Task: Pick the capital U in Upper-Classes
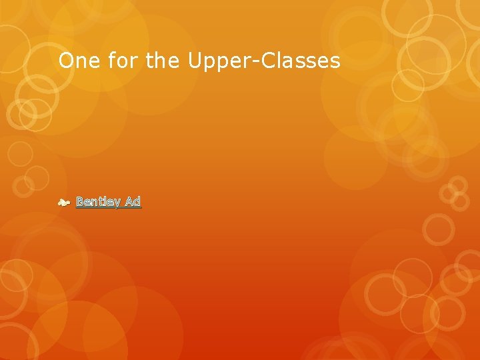195,61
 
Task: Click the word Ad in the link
133,201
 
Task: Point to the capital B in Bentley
80,201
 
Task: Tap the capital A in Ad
129,201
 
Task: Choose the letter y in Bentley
116,203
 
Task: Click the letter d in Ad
137,201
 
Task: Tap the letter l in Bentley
105,201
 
